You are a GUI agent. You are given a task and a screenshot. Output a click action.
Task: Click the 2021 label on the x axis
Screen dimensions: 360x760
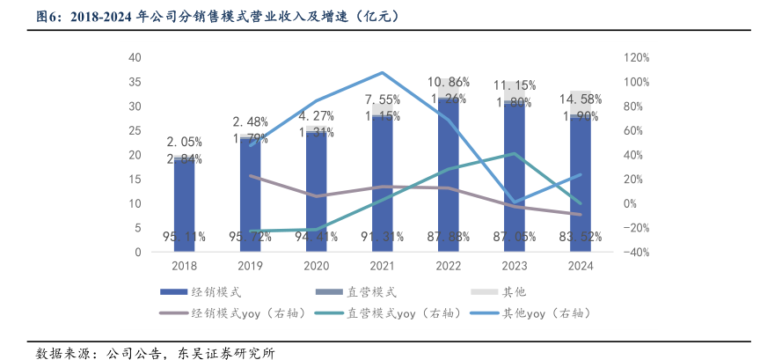pos(381,266)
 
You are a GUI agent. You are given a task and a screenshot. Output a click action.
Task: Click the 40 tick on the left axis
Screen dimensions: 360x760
pos(135,58)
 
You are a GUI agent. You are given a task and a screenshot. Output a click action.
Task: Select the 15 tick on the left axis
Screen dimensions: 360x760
pos(135,180)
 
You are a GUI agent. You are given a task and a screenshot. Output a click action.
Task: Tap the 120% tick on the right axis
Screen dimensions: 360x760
pos(636,58)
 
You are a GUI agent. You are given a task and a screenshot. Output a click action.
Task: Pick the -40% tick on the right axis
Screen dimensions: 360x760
pos(636,253)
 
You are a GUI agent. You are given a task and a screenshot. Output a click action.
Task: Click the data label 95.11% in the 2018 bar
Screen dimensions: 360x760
pos(184,237)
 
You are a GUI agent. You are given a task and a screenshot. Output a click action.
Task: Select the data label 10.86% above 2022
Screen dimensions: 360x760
pos(448,82)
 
